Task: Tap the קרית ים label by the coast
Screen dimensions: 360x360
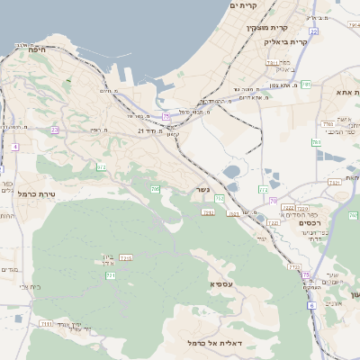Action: pyautogui.click(x=243, y=5)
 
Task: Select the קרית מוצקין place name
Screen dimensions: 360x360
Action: pyautogui.click(x=266, y=27)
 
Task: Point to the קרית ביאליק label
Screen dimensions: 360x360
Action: pyautogui.click(x=286, y=41)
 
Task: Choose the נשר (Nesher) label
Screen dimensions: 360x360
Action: pyautogui.click(x=202, y=189)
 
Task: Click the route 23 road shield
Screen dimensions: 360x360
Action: pyautogui.click(x=55, y=130)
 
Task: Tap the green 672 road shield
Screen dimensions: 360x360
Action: pyautogui.click(x=102, y=166)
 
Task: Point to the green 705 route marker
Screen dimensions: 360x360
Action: pyautogui.click(x=156, y=189)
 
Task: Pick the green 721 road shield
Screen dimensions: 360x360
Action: pyautogui.click(x=111, y=275)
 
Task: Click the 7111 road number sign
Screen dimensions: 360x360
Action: pyautogui.click(x=47, y=323)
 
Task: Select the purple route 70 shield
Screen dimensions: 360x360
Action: pyautogui.click(x=274, y=201)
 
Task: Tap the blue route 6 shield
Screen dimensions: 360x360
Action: pyautogui.click(x=311, y=305)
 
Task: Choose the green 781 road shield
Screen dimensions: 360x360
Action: pyautogui.click(x=306, y=84)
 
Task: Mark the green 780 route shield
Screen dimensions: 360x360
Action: pyautogui.click(x=316, y=142)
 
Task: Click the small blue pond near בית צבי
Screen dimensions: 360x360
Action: pyautogui.click(x=18, y=318)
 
